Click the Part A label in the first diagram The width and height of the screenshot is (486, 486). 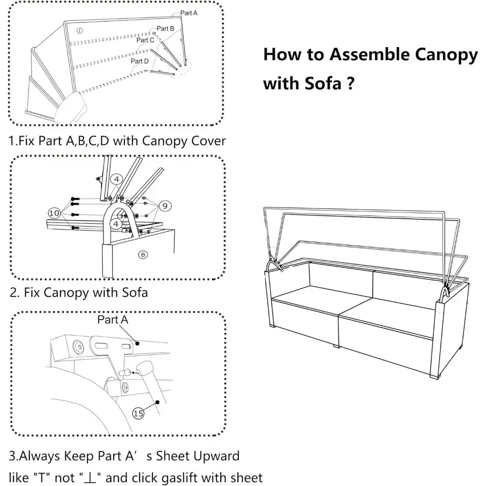(x=189, y=13)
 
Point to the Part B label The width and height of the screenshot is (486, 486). (x=166, y=29)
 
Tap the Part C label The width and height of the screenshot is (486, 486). (x=145, y=40)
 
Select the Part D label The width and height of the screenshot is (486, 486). (x=139, y=61)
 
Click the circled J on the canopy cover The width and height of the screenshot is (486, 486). (x=79, y=31)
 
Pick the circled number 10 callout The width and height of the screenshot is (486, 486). (x=54, y=212)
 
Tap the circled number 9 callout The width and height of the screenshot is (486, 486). (x=165, y=206)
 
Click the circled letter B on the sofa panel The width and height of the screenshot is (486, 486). (x=143, y=254)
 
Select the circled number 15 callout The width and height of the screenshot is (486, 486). (x=139, y=413)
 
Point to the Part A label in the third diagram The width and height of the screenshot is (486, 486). (x=113, y=320)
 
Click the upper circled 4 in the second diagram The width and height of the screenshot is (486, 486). (x=117, y=179)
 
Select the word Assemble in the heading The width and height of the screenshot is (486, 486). (x=369, y=55)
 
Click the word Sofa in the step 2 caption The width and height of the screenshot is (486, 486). (x=133, y=293)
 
